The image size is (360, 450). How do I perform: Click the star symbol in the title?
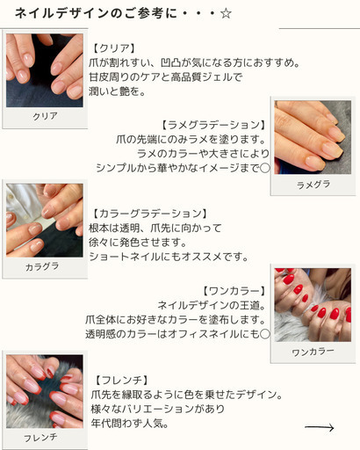(226, 13)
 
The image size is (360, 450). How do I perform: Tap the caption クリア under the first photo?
(45, 116)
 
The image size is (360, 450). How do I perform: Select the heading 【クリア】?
(114, 48)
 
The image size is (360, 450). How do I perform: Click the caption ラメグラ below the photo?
(313, 185)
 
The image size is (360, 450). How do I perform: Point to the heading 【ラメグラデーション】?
(213, 125)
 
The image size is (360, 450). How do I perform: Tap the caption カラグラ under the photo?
(42, 266)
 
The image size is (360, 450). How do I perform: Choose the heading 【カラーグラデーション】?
(149, 214)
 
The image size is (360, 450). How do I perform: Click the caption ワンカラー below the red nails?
(313, 352)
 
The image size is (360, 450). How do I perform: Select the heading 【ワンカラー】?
(234, 291)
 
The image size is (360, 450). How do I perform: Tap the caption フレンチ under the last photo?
(40, 438)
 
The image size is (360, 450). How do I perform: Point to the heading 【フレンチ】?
(121, 381)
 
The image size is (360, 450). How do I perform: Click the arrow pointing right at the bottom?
(319, 427)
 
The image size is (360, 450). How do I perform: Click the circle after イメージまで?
(265, 168)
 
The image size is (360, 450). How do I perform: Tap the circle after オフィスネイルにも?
(265, 334)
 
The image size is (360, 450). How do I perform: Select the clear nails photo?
(45, 70)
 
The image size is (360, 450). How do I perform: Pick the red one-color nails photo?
(313, 305)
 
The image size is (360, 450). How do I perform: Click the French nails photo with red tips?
(45, 391)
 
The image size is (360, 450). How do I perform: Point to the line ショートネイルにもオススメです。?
(169, 257)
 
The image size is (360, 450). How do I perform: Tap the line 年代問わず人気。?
(130, 424)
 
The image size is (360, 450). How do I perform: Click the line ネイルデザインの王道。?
(212, 305)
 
